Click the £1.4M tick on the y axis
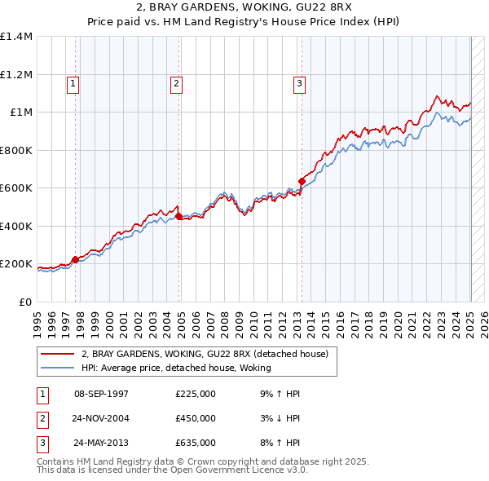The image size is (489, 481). [x=16, y=37]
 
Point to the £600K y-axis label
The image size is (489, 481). [x=16, y=188]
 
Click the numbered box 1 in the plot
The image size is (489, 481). [x=73, y=82]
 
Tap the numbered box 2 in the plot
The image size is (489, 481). [x=176, y=82]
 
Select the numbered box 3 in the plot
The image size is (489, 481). [x=299, y=82]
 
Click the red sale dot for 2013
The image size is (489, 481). [x=302, y=182]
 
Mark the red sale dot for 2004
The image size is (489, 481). [x=179, y=217]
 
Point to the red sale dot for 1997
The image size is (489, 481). [x=76, y=259]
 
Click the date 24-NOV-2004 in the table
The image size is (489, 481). [x=101, y=418]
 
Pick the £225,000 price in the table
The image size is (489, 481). [x=195, y=394]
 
